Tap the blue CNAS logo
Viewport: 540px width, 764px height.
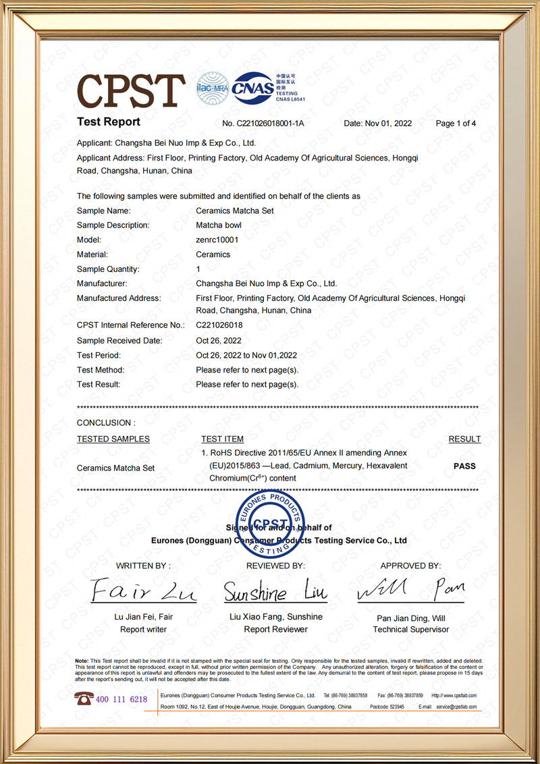[252, 88]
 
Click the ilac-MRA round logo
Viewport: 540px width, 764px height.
[211, 88]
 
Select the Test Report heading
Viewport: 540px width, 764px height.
[109, 122]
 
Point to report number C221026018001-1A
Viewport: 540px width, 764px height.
[263, 124]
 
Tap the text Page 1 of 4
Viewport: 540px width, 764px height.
[456, 124]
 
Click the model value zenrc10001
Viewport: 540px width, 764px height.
[217, 240]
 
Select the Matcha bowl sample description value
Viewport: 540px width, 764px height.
[218, 225]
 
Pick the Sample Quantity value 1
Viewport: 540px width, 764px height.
[198, 269]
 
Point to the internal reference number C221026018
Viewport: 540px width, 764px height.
[219, 325]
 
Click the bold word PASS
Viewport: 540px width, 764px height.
[464, 466]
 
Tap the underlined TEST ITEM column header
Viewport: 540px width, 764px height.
[222, 439]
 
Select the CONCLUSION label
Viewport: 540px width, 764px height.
[106, 423]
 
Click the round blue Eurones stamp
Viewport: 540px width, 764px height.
[270, 524]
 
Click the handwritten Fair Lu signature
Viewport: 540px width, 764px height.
[143, 590]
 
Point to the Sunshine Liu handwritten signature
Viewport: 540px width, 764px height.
[275, 592]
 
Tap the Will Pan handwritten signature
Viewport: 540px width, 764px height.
[410, 591]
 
